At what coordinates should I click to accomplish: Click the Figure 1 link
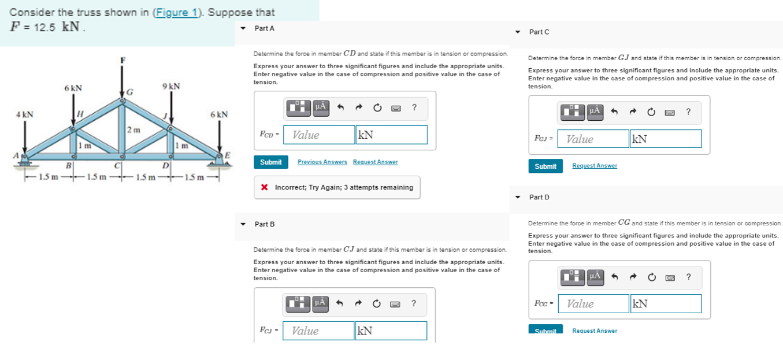177,13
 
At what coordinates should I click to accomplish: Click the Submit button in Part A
271,162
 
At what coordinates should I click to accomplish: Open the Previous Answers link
322,162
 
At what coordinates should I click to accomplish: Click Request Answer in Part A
376,162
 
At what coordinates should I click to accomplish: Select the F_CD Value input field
319,135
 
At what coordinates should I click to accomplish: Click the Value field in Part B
318,331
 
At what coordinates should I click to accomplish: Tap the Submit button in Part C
545,166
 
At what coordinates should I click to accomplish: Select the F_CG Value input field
593,304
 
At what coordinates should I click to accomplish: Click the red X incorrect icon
265,187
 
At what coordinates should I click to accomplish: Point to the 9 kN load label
171,86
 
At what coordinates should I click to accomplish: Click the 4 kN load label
25,114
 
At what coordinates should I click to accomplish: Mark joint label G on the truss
130,92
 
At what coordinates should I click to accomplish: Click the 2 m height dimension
134,130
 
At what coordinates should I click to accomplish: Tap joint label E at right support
228,155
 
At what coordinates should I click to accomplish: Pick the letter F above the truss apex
123,60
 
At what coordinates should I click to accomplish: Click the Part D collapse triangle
518,197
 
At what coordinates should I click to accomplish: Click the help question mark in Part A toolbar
414,107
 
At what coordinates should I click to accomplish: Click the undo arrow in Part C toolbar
614,112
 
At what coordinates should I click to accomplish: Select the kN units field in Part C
666,139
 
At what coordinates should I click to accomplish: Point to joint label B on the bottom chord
69,165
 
